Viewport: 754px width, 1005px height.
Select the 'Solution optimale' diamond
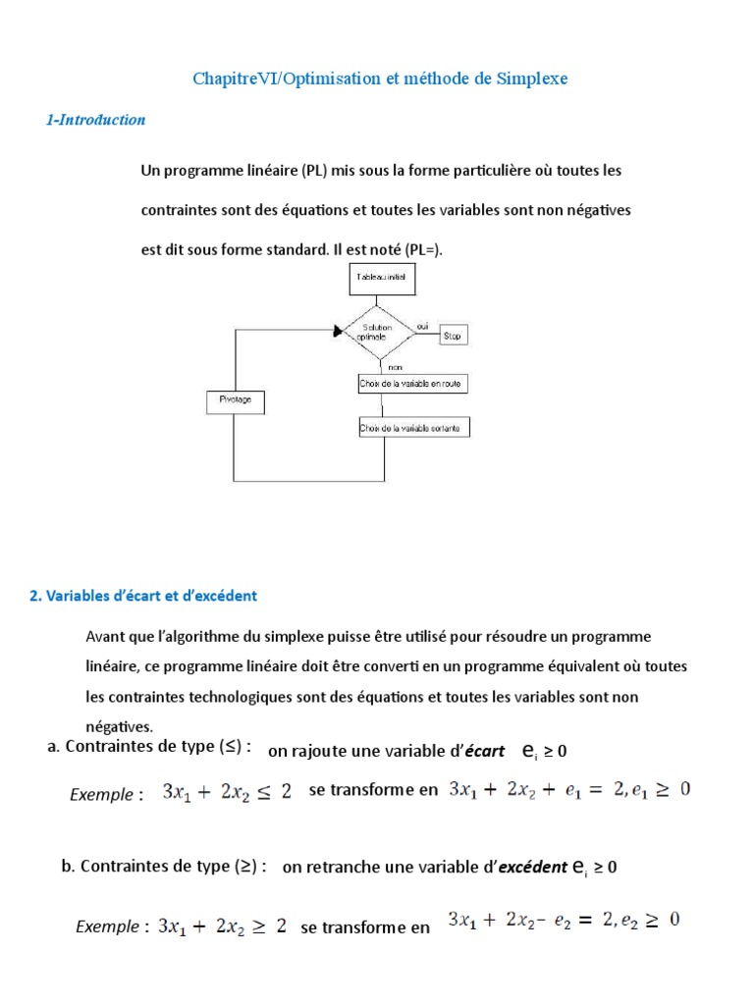pos(377,333)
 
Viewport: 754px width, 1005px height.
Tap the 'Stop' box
pos(453,336)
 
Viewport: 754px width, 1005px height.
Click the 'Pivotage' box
pos(235,400)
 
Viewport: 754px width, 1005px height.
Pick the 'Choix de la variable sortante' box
pos(413,428)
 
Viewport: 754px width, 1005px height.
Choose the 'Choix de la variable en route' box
pos(412,385)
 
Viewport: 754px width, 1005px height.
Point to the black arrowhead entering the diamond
pos(340,332)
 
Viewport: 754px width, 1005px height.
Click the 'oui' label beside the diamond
pos(423,325)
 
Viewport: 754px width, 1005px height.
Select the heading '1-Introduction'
pos(96,121)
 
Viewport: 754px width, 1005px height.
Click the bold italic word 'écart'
pos(487,751)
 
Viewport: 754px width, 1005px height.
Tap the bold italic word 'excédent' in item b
pos(533,868)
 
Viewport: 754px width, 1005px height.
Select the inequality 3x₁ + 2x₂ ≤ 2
pos(227,792)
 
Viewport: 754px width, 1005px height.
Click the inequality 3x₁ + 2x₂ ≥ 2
pos(222,926)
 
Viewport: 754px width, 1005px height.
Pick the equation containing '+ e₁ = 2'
pos(569,789)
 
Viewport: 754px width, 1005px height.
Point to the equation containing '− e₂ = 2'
pos(565,921)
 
